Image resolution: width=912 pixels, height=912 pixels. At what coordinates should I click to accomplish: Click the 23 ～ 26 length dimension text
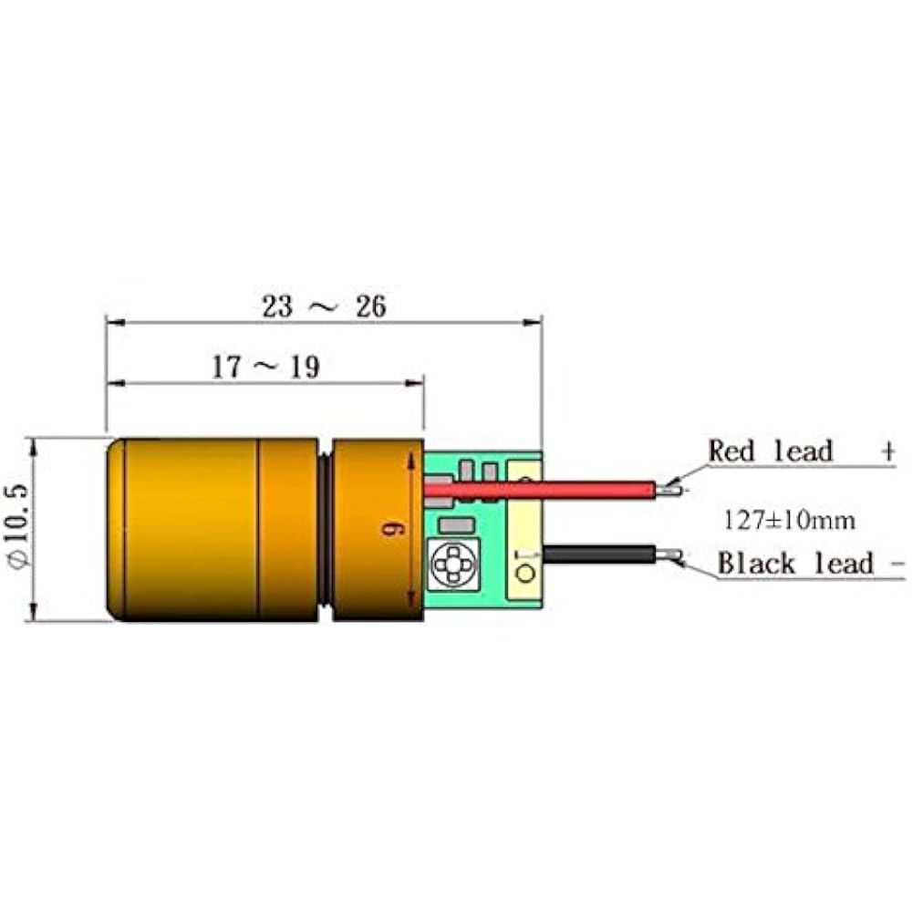[324, 306]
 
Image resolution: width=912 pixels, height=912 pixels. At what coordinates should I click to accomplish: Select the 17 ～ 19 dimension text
[265, 368]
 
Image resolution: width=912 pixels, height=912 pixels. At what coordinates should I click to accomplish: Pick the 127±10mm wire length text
[790, 520]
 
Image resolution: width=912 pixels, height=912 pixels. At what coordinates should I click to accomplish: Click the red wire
[547, 490]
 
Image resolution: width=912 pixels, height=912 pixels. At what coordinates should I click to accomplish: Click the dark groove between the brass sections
[326, 530]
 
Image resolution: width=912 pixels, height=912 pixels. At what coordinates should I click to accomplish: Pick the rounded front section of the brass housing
[182, 530]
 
